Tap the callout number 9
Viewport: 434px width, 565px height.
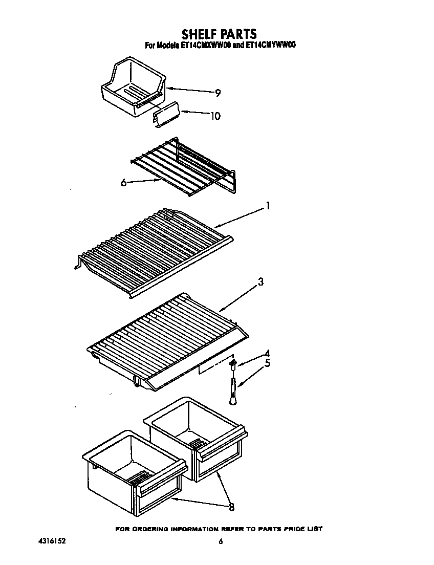[218, 93]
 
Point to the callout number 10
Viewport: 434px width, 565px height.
[215, 116]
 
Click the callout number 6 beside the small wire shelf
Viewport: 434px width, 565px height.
[123, 182]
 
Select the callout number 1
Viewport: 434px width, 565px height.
[267, 206]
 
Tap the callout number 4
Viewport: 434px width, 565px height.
[266, 353]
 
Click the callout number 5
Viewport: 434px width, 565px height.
[266, 364]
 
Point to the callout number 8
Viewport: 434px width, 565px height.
[231, 507]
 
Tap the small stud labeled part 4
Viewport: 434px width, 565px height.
[234, 364]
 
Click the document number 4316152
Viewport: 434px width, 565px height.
[51, 540]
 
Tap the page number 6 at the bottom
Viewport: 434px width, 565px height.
[221, 541]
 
